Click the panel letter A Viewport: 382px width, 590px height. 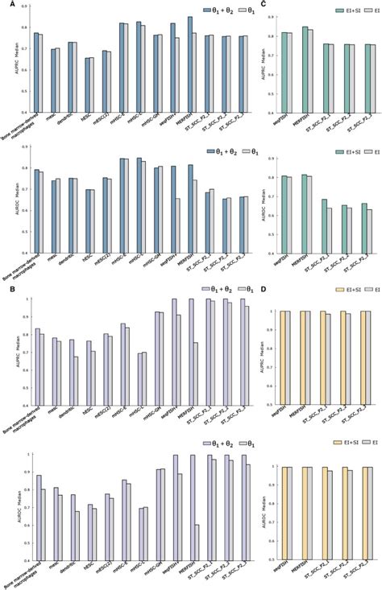coord(6,5)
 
